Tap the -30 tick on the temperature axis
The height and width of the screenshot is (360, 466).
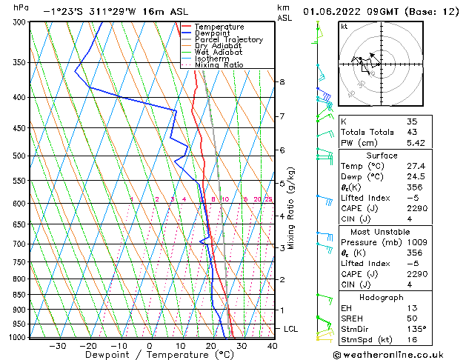tap(58, 345)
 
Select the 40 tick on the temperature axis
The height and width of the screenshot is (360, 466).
tap(272, 345)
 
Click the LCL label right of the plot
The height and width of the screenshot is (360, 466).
tap(290, 328)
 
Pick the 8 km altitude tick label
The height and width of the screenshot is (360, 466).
tap(282, 81)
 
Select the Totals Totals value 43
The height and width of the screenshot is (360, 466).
tap(412, 131)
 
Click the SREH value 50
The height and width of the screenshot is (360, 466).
tap(412, 319)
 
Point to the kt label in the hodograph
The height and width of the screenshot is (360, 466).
tap(344, 27)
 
